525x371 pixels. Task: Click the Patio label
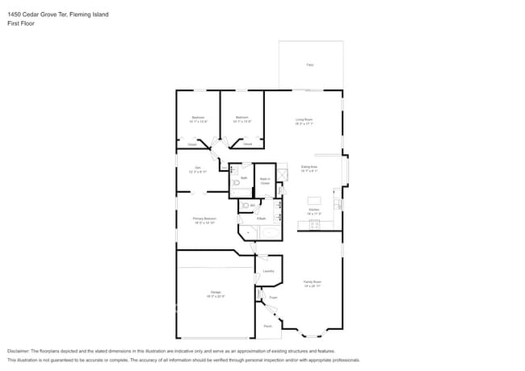309,64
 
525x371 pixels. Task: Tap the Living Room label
304,122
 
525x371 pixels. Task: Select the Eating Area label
309,169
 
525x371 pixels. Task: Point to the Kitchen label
313,211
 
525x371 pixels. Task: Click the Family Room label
313,284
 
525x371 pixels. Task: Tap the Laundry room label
268,271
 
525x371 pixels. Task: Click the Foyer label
273,298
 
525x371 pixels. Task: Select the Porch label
267,326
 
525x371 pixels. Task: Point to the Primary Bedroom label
204,220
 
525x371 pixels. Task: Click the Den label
197,169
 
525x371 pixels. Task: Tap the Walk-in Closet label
264,181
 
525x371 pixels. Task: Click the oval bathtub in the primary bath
270,233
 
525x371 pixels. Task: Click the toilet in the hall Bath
237,183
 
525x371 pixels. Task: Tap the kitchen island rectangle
314,200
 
